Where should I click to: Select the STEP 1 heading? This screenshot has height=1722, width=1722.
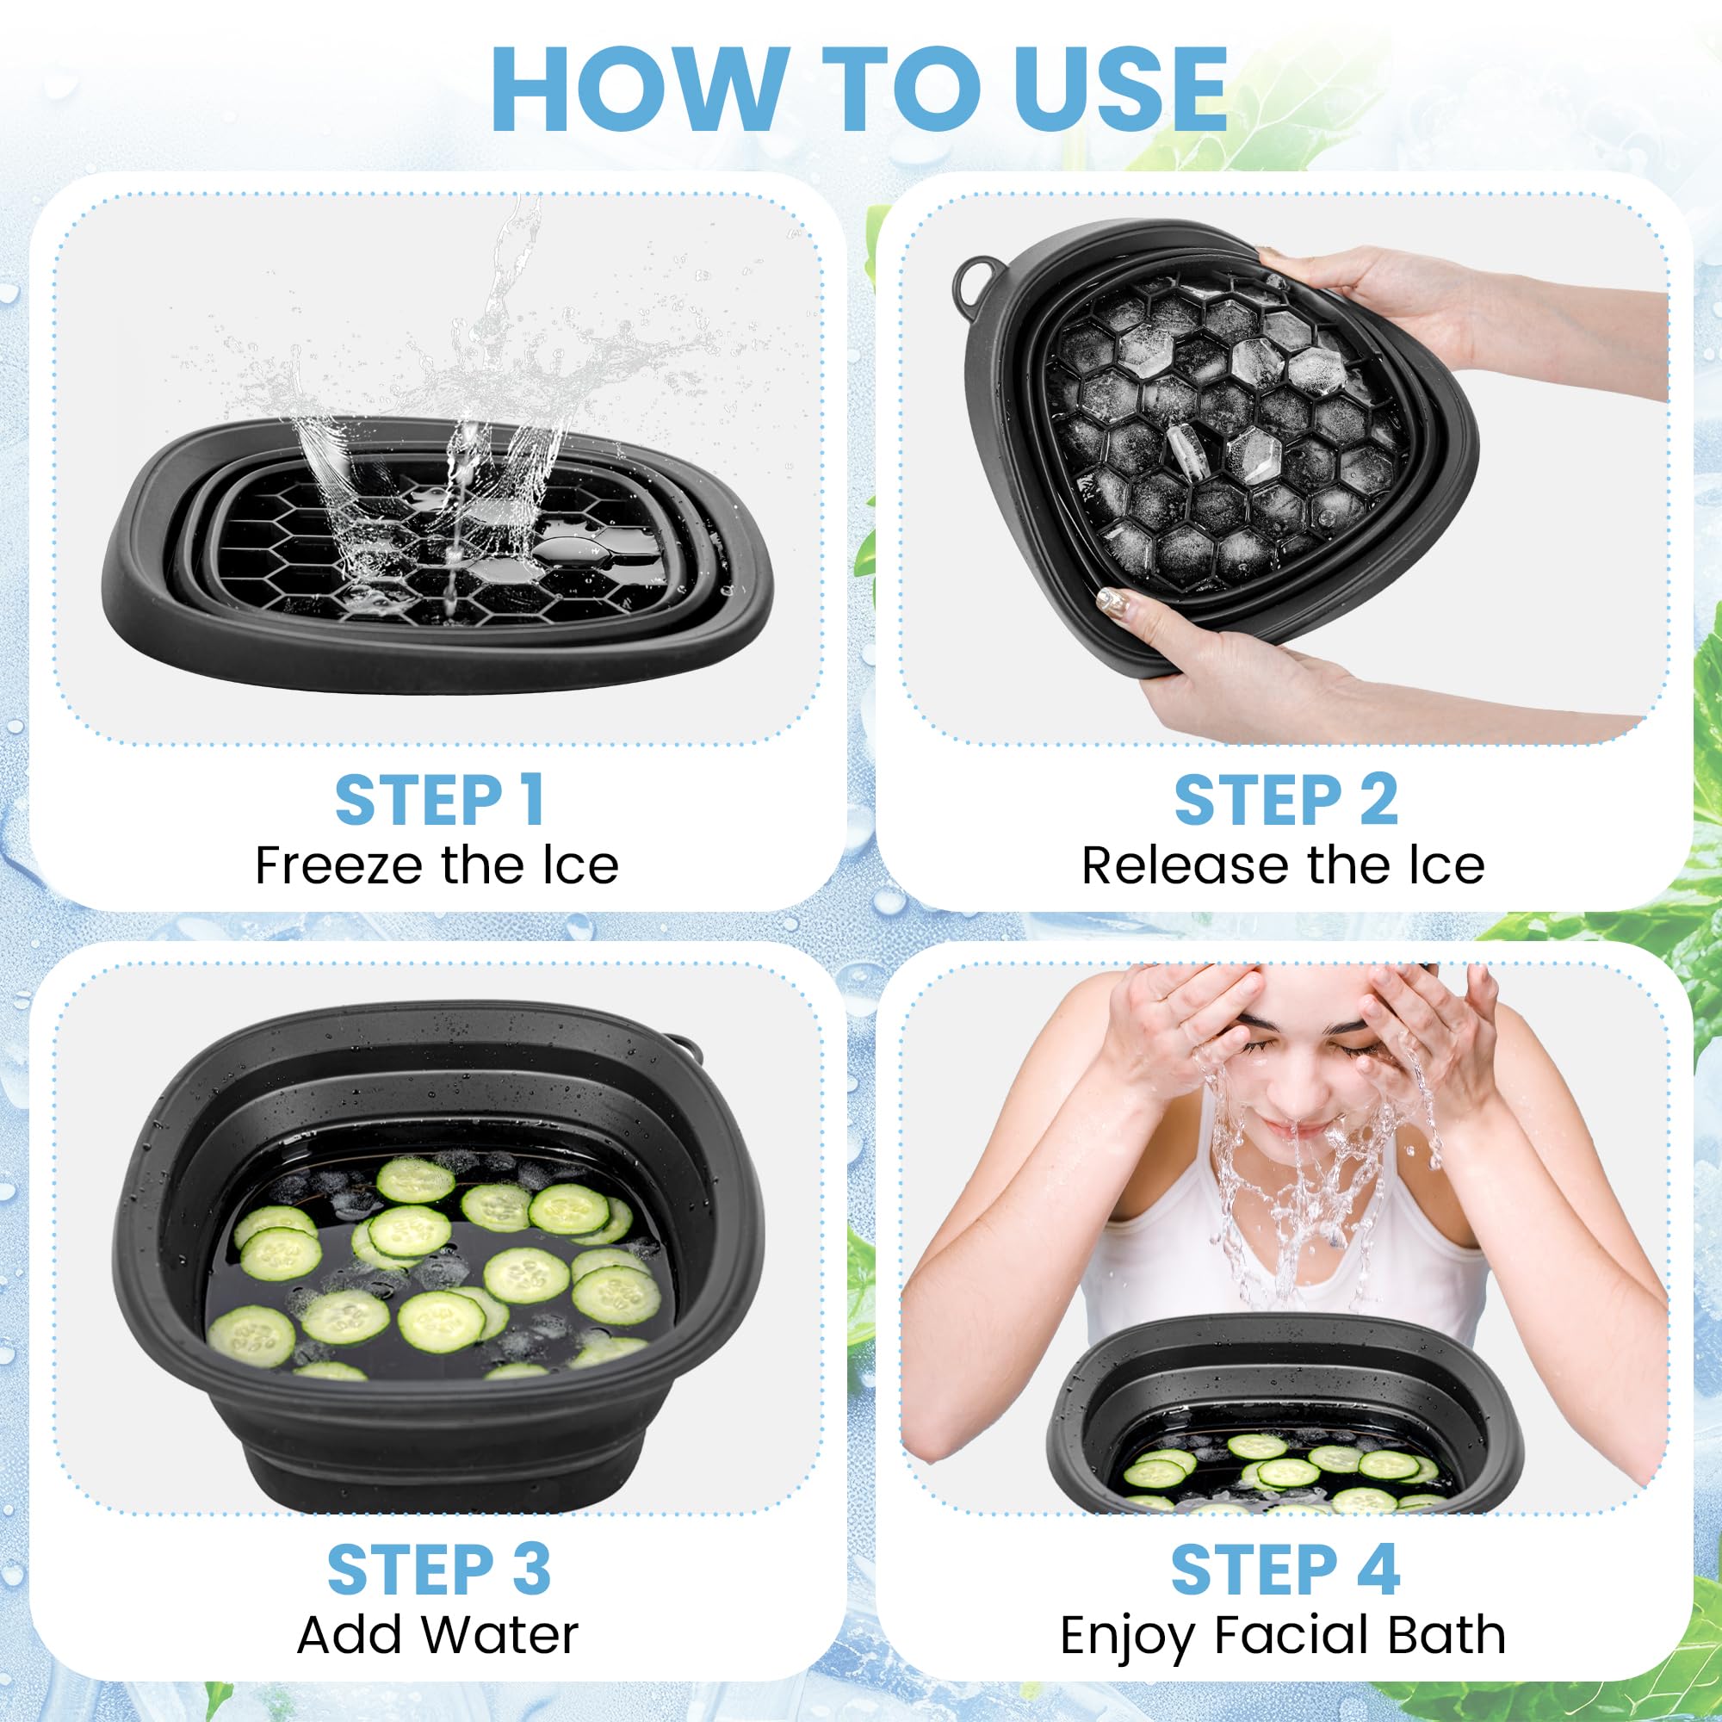(x=438, y=801)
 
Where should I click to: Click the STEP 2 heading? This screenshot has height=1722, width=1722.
(x=1285, y=801)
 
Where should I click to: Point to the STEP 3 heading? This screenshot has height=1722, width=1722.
(x=438, y=1570)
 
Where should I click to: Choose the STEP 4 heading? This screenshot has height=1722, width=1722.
(x=1285, y=1570)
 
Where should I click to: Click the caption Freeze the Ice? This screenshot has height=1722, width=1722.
(x=437, y=865)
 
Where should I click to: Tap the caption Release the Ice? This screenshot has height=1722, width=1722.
(x=1283, y=865)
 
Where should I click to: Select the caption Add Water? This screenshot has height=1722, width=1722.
(x=437, y=1636)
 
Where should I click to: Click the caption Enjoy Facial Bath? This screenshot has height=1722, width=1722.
(x=1283, y=1636)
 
